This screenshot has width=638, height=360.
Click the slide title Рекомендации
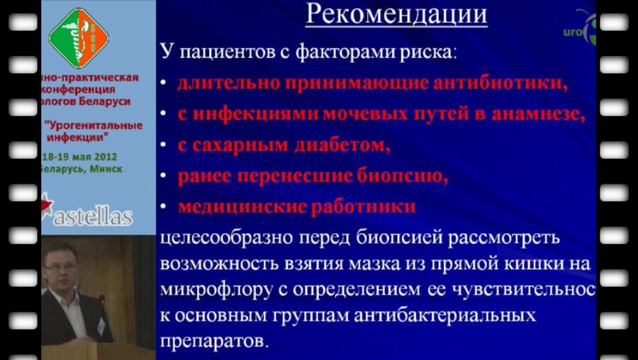[x=396, y=14]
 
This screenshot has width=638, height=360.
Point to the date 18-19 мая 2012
[x=79, y=157]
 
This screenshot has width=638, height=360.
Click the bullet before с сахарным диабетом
[x=164, y=146]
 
